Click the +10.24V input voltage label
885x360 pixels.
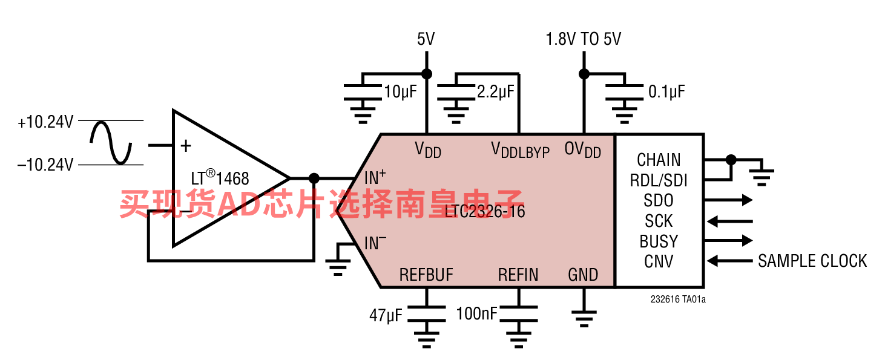pyautogui.click(x=45, y=122)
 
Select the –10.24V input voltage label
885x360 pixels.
pyautogui.click(x=45, y=165)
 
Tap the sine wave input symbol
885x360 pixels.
pyautogui.click(x=111, y=143)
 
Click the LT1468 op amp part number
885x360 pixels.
pyautogui.click(x=220, y=178)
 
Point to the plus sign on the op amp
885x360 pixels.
pyautogui.click(x=186, y=146)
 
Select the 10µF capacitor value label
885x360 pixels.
pyautogui.click(x=401, y=92)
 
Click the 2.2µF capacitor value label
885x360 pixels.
pyautogui.click(x=495, y=92)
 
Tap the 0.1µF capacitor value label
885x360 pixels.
pyautogui.click(x=666, y=92)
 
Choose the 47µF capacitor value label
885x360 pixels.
pyautogui.click(x=386, y=315)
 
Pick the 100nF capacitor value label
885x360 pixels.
pyautogui.click(x=477, y=314)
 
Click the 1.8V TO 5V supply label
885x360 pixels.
pyautogui.click(x=583, y=39)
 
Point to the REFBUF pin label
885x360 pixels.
pyautogui.click(x=426, y=275)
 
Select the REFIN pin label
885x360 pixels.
pyautogui.click(x=518, y=275)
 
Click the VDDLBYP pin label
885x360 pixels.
pyautogui.click(x=521, y=150)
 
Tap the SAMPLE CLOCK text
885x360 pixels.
pyautogui.click(x=812, y=261)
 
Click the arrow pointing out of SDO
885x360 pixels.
pyautogui.click(x=728, y=200)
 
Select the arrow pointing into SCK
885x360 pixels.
pyautogui.click(x=729, y=221)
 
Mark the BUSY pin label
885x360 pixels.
pyautogui.click(x=659, y=241)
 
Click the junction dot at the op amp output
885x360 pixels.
pyautogui.click(x=314, y=178)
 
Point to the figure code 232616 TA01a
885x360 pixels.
pyautogui.click(x=678, y=299)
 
